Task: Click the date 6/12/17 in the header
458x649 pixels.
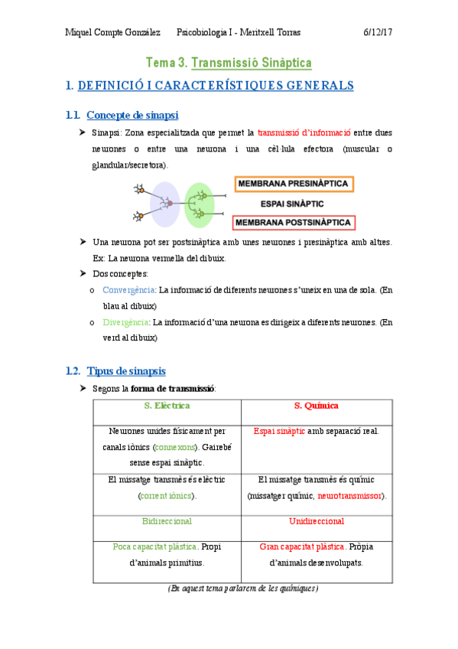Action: click(x=378, y=32)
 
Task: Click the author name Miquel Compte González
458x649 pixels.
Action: click(x=112, y=32)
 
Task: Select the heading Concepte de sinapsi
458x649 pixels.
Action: click(x=132, y=115)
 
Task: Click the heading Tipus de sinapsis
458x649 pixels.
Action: click(x=126, y=371)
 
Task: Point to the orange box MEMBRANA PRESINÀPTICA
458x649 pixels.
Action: click(x=293, y=184)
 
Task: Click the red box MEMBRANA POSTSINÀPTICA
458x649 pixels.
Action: click(x=294, y=223)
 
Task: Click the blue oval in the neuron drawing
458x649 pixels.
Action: click(x=164, y=204)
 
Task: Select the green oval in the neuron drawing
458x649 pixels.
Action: click(x=200, y=204)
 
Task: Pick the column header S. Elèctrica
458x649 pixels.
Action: click(x=167, y=406)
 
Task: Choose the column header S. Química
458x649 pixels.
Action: click(x=316, y=406)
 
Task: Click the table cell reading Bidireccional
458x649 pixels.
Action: click(x=167, y=521)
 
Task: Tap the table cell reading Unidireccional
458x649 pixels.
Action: click(x=316, y=521)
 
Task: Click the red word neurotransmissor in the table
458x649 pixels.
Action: click(x=350, y=496)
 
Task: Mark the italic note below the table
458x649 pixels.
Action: click(x=242, y=589)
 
